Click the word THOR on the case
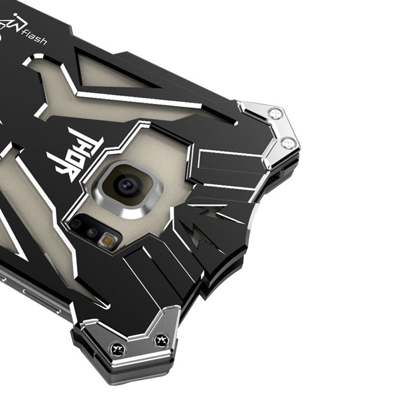75,155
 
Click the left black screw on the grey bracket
118,349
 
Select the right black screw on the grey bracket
162,341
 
